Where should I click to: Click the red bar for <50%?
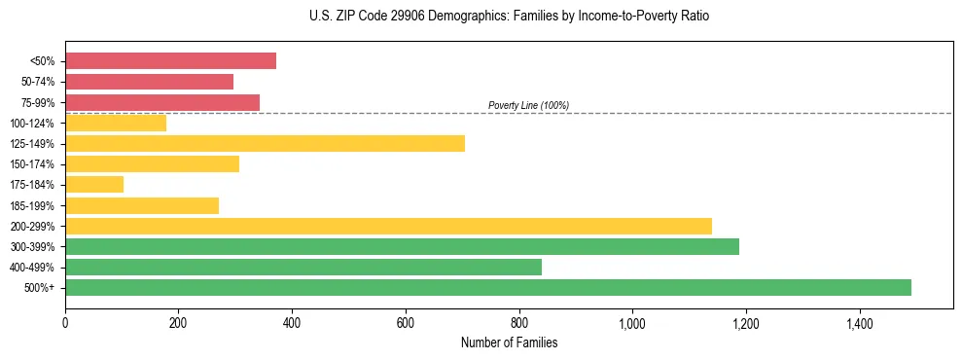click(170, 61)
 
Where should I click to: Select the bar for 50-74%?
click(149, 82)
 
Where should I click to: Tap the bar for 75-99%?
click(162, 102)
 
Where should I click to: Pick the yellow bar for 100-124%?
click(116, 123)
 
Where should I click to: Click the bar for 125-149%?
click(265, 144)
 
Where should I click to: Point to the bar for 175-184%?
click(94, 185)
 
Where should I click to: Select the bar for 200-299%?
click(388, 226)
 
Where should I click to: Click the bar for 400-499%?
click(303, 267)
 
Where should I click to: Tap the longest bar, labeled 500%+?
click(488, 287)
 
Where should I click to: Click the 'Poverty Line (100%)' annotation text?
click(528, 105)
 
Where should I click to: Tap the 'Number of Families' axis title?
click(509, 342)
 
